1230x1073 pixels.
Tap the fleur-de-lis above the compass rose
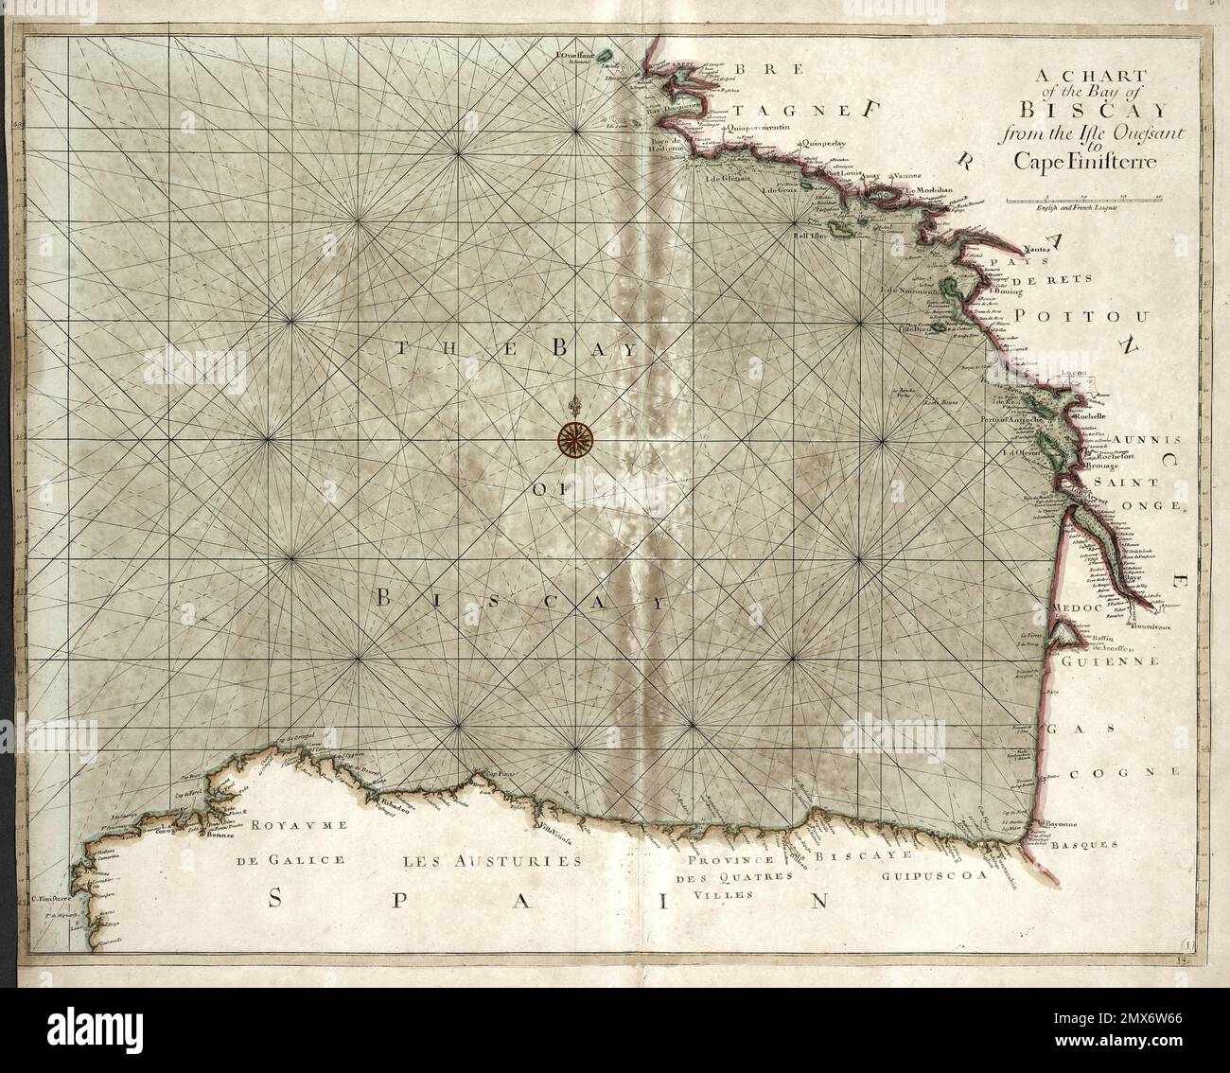[572, 405]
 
